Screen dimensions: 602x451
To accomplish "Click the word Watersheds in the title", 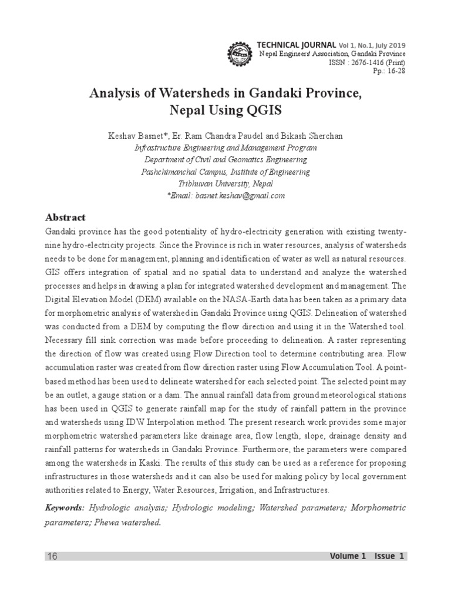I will [x=186, y=93].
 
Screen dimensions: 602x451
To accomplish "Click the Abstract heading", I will [x=65, y=218].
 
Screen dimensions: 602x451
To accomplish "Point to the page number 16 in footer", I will [x=52, y=556].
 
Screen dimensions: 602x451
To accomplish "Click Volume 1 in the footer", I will [x=348, y=556].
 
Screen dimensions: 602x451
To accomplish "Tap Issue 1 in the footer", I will [x=388, y=556].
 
